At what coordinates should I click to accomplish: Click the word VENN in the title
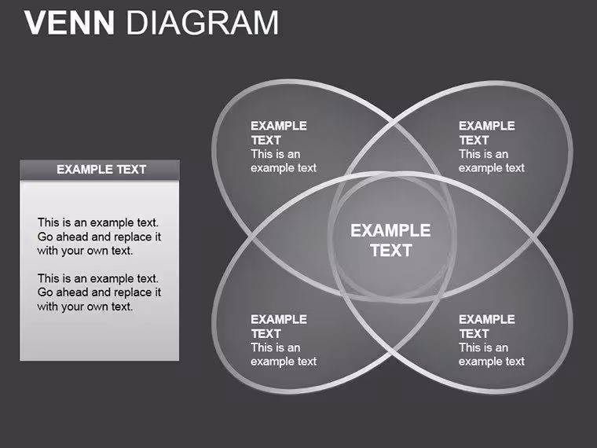(x=69, y=23)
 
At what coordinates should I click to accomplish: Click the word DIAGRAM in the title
(x=202, y=23)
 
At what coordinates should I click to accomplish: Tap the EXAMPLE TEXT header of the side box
(x=101, y=170)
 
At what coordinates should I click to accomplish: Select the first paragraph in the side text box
(x=99, y=237)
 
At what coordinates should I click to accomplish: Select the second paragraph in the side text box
(x=99, y=292)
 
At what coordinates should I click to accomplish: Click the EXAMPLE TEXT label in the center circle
(x=390, y=241)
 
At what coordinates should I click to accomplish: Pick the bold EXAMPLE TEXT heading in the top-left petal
(x=279, y=133)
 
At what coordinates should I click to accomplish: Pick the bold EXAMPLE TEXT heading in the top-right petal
(x=487, y=133)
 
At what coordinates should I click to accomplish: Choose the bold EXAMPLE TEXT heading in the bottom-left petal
(x=279, y=326)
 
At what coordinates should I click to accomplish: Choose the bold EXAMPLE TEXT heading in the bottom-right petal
(x=487, y=326)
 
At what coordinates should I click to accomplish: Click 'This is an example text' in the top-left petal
(x=284, y=161)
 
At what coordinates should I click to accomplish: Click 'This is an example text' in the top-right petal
(x=492, y=161)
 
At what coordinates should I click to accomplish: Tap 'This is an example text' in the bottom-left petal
(x=284, y=354)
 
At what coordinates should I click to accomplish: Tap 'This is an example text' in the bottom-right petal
(x=492, y=354)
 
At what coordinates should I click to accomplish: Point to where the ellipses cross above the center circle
(x=392, y=122)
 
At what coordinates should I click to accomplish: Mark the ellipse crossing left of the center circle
(x=252, y=237)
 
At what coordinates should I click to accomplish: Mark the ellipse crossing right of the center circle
(x=532, y=239)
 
